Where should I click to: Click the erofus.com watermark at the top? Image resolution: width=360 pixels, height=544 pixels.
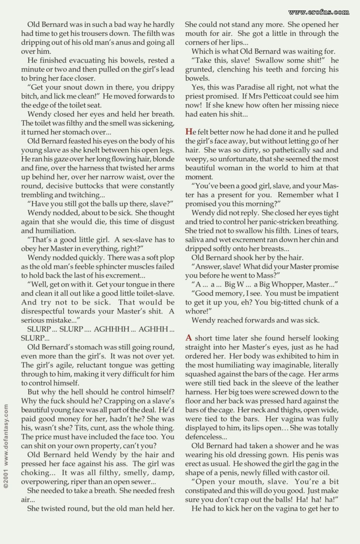319,12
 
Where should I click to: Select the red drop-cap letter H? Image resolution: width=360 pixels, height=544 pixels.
189,132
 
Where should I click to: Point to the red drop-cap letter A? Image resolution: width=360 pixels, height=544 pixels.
189,338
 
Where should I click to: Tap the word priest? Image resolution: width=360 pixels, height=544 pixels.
195,96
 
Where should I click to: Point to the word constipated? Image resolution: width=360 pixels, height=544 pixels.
205,491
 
